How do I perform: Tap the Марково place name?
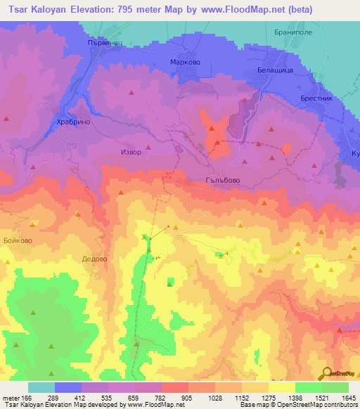[186, 62]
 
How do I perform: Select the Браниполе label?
[290, 33]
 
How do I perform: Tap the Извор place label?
[131, 152]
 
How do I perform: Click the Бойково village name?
[18, 240]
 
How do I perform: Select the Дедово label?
[94, 259]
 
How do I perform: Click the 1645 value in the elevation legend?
[347, 398]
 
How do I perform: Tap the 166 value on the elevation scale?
[25, 398]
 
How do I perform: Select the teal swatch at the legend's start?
[41, 387]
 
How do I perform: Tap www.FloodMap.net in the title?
[233, 9]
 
